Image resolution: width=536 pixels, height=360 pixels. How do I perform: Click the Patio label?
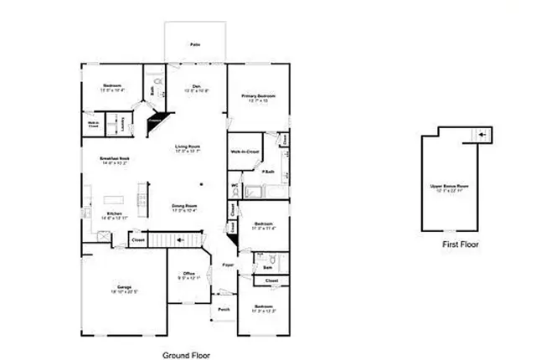195,44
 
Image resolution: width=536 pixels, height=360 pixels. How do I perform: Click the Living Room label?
187,149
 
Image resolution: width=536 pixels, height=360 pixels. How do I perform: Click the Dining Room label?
184,208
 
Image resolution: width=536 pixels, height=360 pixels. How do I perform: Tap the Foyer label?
227,265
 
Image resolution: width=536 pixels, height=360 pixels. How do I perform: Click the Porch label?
224,309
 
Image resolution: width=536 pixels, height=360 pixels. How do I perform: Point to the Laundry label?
122,126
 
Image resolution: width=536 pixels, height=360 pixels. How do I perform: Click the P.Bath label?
269,172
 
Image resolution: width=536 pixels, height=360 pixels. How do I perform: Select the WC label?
234,186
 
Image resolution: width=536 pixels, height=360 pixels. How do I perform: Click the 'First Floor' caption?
461,245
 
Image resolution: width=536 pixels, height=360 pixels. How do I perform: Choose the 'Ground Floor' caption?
187,354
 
